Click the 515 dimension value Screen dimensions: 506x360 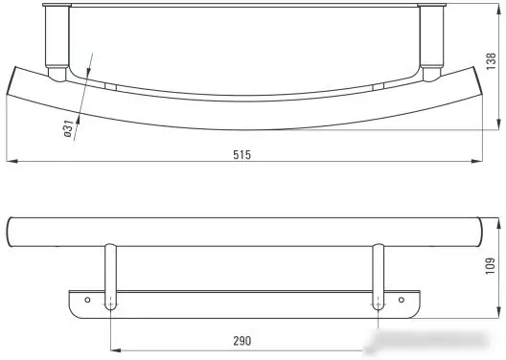point(241,155)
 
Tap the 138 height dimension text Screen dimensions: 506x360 point(491,61)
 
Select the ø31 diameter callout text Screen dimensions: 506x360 point(68,128)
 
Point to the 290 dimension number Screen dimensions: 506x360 point(241,341)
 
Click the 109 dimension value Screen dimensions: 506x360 point(491,266)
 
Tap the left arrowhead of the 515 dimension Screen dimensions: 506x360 point(11,161)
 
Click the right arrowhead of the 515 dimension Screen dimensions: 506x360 point(477,161)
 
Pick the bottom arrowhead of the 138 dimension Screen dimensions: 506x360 point(499,124)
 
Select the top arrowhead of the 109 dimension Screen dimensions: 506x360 point(499,223)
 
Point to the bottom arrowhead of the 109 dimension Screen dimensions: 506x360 point(499,313)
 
